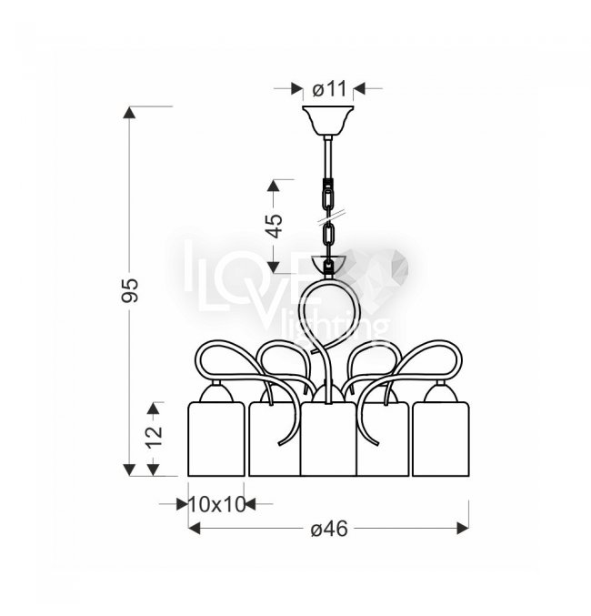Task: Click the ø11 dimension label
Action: (x=329, y=89)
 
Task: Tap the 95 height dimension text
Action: (x=130, y=290)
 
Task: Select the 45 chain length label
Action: (x=274, y=226)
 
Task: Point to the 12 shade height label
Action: (x=154, y=437)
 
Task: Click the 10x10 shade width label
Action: (x=217, y=504)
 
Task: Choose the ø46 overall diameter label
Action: (x=329, y=529)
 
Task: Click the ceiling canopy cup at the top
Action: (x=328, y=120)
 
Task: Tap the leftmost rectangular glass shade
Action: (x=216, y=439)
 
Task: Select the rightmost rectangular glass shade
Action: (x=440, y=439)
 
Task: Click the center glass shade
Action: (x=328, y=439)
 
